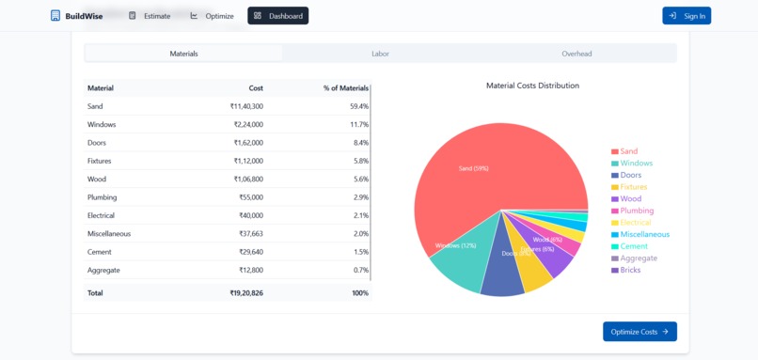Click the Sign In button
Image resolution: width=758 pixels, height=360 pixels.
[687, 16]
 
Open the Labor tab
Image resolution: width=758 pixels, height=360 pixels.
[380, 54]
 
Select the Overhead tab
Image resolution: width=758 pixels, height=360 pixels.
[576, 54]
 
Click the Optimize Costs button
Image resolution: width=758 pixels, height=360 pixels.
[640, 332]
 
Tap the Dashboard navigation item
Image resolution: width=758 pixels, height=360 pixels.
[278, 16]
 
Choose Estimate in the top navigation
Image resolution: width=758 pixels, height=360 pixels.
[150, 16]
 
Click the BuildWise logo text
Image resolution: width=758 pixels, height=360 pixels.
[84, 16]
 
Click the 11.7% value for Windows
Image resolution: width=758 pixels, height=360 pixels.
[358, 124]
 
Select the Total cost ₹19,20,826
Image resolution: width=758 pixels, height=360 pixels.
[246, 293]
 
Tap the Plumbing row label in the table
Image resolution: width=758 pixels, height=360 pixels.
[102, 197]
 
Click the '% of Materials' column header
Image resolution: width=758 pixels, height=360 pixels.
[346, 88]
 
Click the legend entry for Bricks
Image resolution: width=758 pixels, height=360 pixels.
[630, 270]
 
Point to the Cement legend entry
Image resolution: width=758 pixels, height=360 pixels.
[633, 246]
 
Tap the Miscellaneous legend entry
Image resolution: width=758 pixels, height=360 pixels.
[644, 234]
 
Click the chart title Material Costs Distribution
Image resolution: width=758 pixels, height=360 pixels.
[532, 86]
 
